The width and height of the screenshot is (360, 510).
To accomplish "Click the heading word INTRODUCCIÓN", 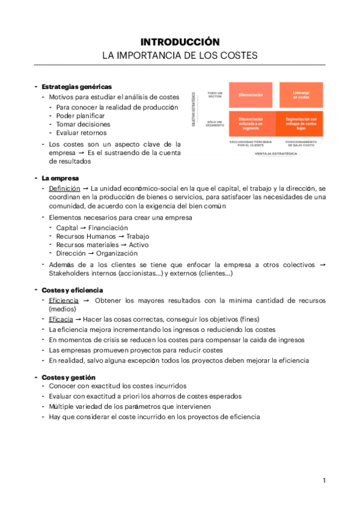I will (x=180, y=41).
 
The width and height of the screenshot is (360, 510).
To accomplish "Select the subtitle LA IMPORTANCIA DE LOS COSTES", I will (x=180, y=55).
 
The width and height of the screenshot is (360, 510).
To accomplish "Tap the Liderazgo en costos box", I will (x=301, y=94).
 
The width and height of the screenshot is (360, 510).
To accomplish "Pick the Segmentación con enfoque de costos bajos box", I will (x=301, y=124).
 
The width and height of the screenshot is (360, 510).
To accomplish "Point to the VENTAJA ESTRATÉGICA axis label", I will (x=276, y=154).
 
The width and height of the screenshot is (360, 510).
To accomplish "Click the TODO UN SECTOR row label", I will (x=215, y=94).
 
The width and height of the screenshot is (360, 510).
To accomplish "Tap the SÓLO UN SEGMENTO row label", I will (x=215, y=124).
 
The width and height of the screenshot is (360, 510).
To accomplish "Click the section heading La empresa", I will (x=60, y=178).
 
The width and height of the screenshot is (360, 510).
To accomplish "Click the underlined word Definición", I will (x=64, y=188).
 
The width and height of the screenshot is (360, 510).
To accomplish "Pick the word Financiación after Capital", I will (x=108, y=228).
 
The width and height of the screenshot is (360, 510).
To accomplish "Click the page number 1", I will (x=324, y=481).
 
